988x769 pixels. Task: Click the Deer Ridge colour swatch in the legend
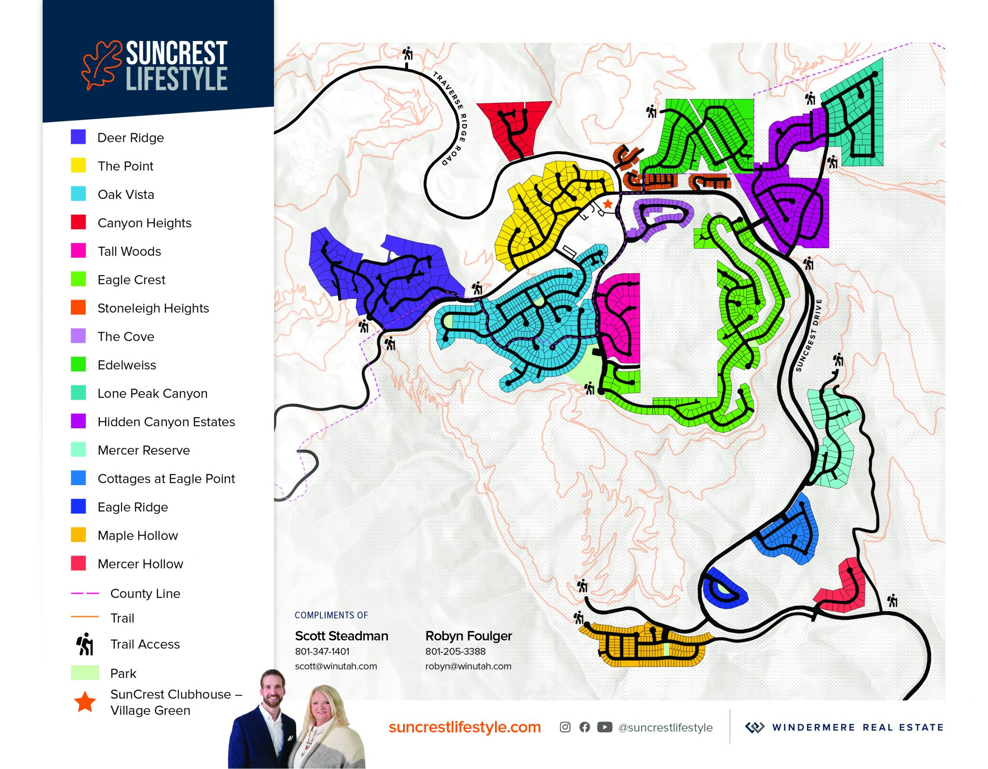tap(78, 137)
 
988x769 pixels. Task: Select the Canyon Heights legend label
tap(144, 223)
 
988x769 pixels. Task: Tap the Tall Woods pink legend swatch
tap(78, 251)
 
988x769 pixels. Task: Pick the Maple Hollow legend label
tap(137, 535)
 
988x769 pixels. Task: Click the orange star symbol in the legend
tap(85, 701)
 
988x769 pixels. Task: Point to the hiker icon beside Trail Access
tap(85, 644)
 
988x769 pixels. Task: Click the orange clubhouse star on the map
tap(608, 204)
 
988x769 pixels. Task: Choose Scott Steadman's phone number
tap(322, 651)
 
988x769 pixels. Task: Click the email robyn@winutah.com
tap(468, 666)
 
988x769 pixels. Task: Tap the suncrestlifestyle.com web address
tap(465, 727)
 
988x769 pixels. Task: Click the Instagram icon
tap(565, 727)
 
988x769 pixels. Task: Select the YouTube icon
tap(604, 727)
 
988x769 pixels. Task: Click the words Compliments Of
tap(331, 615)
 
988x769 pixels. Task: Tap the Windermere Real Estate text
tap(857, 727)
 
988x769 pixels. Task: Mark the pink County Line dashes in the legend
tap(85, 593)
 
